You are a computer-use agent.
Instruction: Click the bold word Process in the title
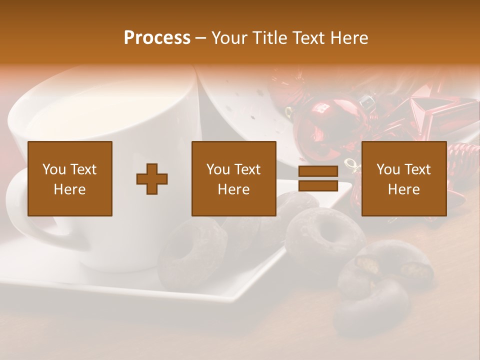click(x=157, y=38)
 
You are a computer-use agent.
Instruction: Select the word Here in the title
click(x=348, y=38)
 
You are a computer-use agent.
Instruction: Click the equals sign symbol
click(x=318, y=179)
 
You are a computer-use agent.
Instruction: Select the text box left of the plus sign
click(x=70, y=179)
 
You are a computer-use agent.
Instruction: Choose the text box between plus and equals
click(x=234, y=179)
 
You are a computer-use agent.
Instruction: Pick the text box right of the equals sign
click(x=404, y=179)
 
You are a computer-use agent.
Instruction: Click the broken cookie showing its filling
click(x=390, y=265)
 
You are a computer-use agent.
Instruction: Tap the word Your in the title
click(x=228, y=38)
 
